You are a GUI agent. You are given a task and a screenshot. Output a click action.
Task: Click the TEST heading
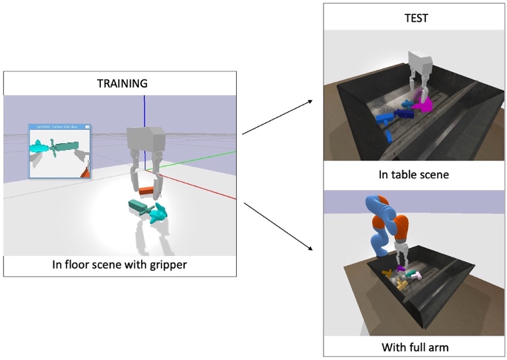[416, 18]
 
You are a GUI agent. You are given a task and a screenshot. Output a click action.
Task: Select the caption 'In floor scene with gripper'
[120, 265]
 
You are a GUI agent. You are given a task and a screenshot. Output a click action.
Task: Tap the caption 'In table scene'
[415, 175]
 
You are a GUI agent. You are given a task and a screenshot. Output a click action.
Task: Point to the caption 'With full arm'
[415, 346]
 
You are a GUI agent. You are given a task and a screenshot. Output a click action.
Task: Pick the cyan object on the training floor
[157, 215]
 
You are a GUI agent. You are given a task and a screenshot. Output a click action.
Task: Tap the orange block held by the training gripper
[145, 192]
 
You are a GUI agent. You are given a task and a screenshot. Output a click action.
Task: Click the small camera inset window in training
[59, 151]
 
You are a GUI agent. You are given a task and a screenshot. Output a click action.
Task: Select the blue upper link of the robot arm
[374, 223]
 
